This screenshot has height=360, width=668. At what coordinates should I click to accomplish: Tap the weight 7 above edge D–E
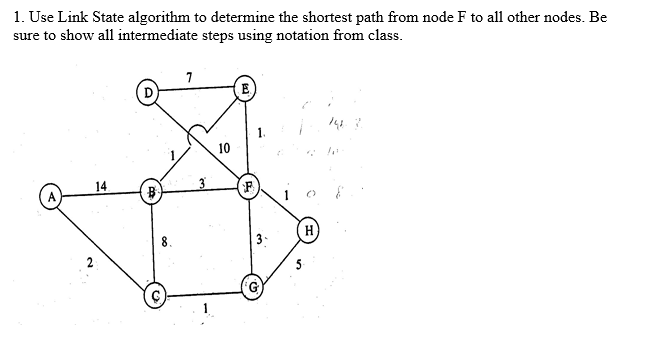190,76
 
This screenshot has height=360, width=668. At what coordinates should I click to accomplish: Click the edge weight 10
223,148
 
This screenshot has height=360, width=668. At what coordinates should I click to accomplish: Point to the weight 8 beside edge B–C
164,241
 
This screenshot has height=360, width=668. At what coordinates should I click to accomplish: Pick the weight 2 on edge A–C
89,264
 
